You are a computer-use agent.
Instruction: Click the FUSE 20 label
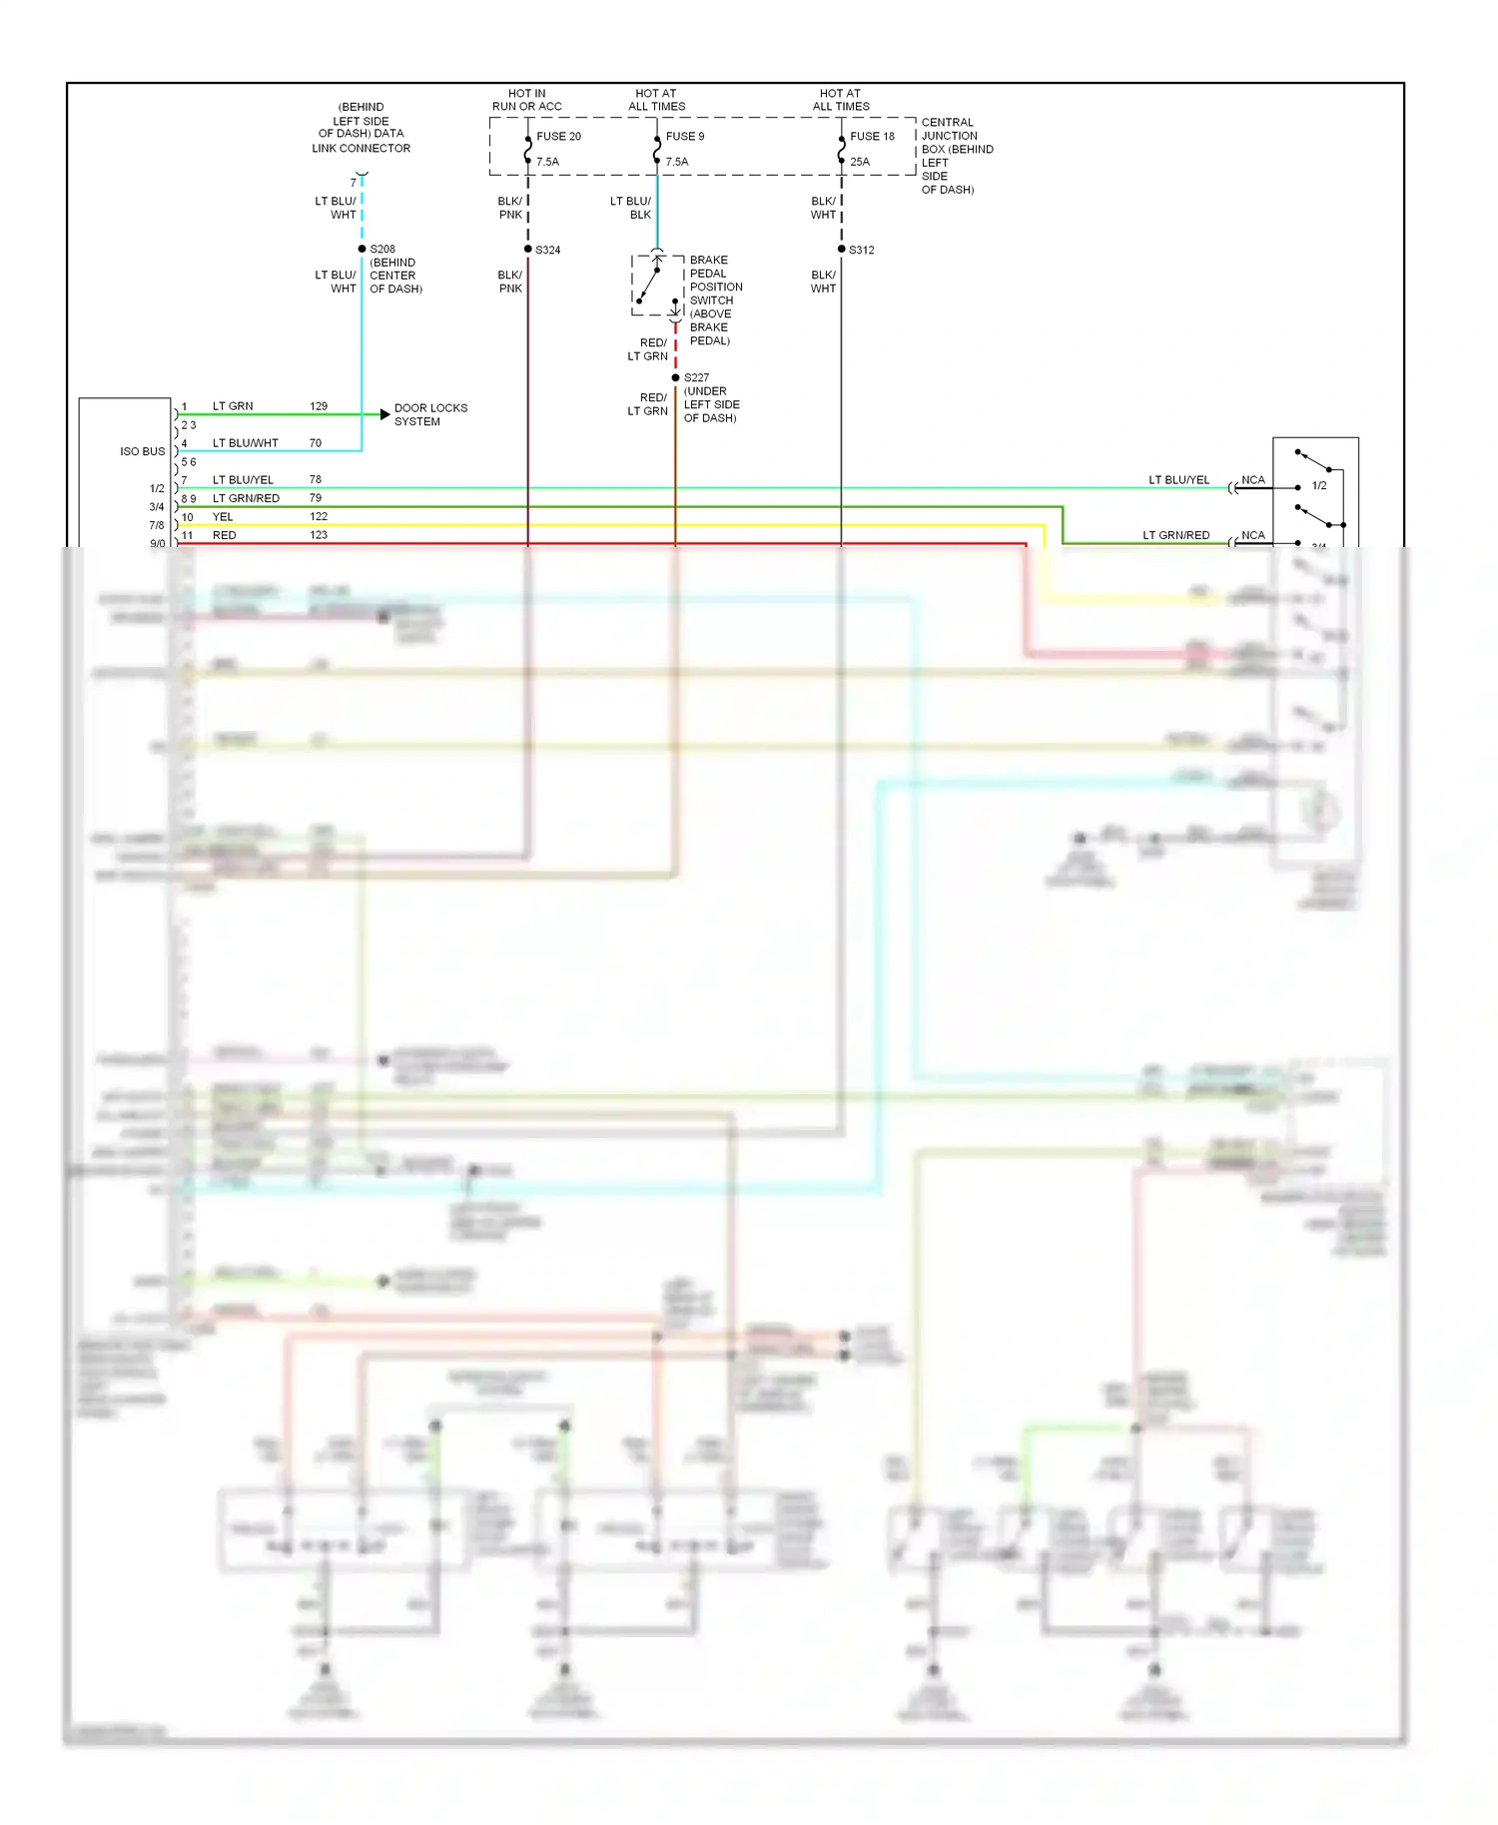tap(558, 137)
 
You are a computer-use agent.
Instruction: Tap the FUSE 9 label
tap(685, 137)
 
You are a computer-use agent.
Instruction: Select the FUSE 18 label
tap(872, 137)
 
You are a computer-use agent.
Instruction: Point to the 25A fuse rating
tap(860, 162)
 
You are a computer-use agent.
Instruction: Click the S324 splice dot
tap(528, 249)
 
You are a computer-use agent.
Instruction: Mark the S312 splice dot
tap(842, 249)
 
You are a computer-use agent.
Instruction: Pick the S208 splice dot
tap(362, 249)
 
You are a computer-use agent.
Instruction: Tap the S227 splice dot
tap(676, 377)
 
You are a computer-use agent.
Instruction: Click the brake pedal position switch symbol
tap(656, 286)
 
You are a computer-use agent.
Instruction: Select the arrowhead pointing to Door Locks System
tap(384, 414)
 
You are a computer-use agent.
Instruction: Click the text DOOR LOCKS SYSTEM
tap(430, 414)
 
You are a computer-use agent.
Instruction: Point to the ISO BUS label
tap(143, 451)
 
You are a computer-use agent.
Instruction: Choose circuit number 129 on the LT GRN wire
tap(319, 406)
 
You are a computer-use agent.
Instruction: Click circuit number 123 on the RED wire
tap(319, 535)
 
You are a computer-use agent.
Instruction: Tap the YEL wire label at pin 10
tap(223, 517)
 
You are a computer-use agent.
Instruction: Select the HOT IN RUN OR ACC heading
tap(527, 100)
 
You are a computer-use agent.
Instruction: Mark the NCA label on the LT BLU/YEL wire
tap(1253, 480)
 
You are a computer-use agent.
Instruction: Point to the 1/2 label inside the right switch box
tap(1319, 486)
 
